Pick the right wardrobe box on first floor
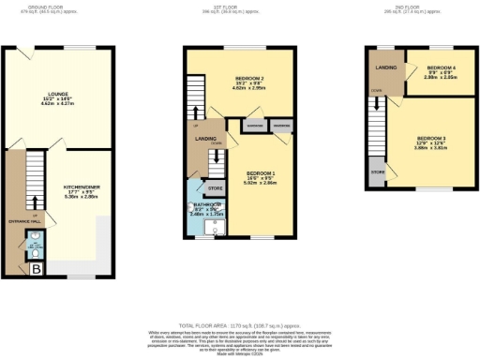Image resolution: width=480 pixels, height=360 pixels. point(279,125)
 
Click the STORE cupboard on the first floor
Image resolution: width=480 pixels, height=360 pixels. point(215,188)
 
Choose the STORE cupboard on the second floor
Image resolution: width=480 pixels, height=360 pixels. point(378,172)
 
